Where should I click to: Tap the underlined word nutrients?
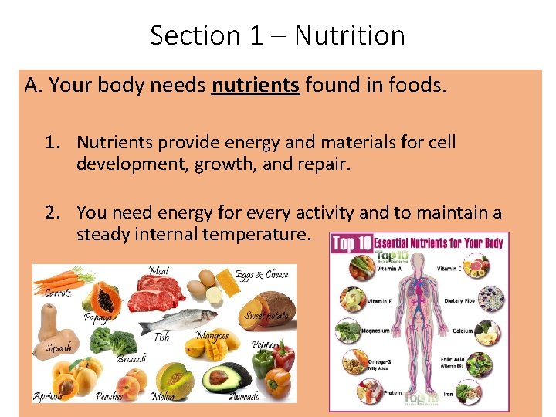pos(255,85)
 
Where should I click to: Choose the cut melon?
pos(174,378)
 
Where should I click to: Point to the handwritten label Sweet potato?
pos(265,316)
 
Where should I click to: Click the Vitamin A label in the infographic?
pos(389,270)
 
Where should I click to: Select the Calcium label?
pos(463,331)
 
